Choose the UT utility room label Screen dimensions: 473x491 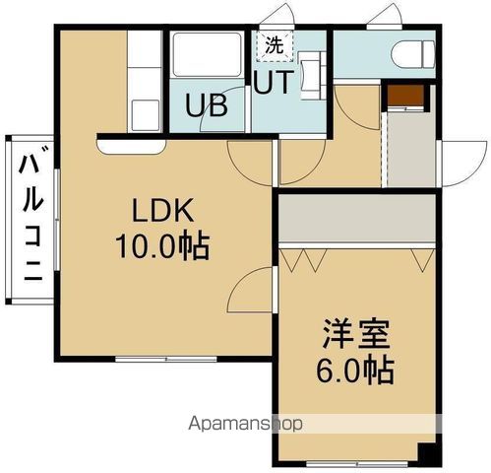pyautogui.click(x=273, y=84)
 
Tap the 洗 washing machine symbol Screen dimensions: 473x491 pyautogui.click(x=274, y=45)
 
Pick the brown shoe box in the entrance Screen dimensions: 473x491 pyautogui.click(x=404, y=97)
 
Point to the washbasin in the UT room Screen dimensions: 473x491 pyautogui.click(x=308, y=75)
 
